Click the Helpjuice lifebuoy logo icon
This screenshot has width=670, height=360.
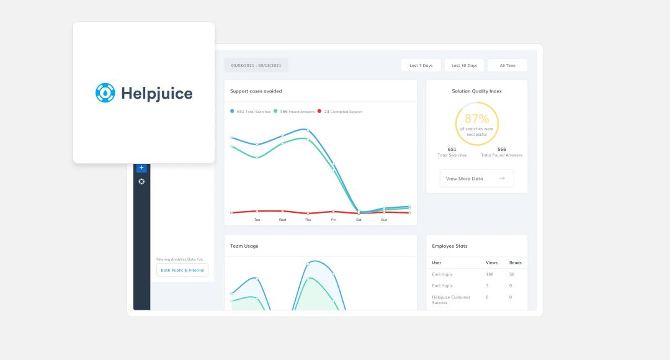coord(105,93)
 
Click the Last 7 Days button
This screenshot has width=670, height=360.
coord(421,65)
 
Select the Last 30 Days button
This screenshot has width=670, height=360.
coord(464,65)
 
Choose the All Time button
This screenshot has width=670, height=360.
coord(507,65)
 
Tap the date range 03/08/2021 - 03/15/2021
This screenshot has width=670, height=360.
coord(256,65)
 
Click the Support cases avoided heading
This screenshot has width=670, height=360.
coord(256,91)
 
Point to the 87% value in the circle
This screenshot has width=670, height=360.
coord(476,119)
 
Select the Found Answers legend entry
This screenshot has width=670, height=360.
coord(293,112)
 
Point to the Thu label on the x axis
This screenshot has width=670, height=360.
coord(308,220)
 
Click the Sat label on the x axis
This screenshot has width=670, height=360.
coord(359,220)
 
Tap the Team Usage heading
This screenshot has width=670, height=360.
coord(244,246)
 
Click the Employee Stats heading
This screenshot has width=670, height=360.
coord(450,246)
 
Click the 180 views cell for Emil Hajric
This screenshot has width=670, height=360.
coord(490,274)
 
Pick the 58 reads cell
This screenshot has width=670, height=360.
coord(512,274)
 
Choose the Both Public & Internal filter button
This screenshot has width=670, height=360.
coord(182,270)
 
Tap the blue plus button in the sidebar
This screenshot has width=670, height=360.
coord(141,168)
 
